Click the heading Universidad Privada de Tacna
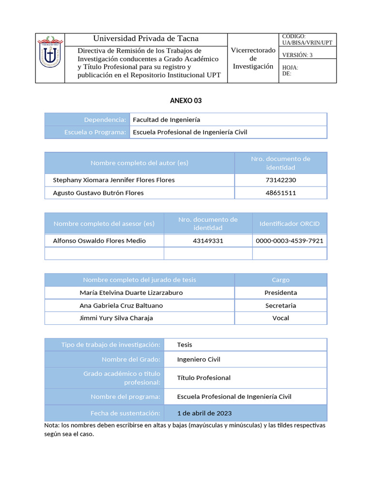(146, 39)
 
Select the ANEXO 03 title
(186, 101)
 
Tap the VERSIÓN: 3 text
(297, 55)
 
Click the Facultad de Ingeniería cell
(166, 119)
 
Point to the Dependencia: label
(105, 119)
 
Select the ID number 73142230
(280, 180)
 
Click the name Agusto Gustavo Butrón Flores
(98, 193)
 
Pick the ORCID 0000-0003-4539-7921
(289, 241)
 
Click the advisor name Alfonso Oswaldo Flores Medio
(99, 241)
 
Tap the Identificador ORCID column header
(289, 224)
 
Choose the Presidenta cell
(280, 292)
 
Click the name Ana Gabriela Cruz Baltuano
(121, 306)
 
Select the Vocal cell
(280, 318)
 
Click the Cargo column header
(280, 280)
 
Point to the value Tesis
(185, 345)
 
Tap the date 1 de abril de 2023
(204, 413)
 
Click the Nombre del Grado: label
(131, 360)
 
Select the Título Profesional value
(203, 378)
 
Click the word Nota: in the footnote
(52, 425)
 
